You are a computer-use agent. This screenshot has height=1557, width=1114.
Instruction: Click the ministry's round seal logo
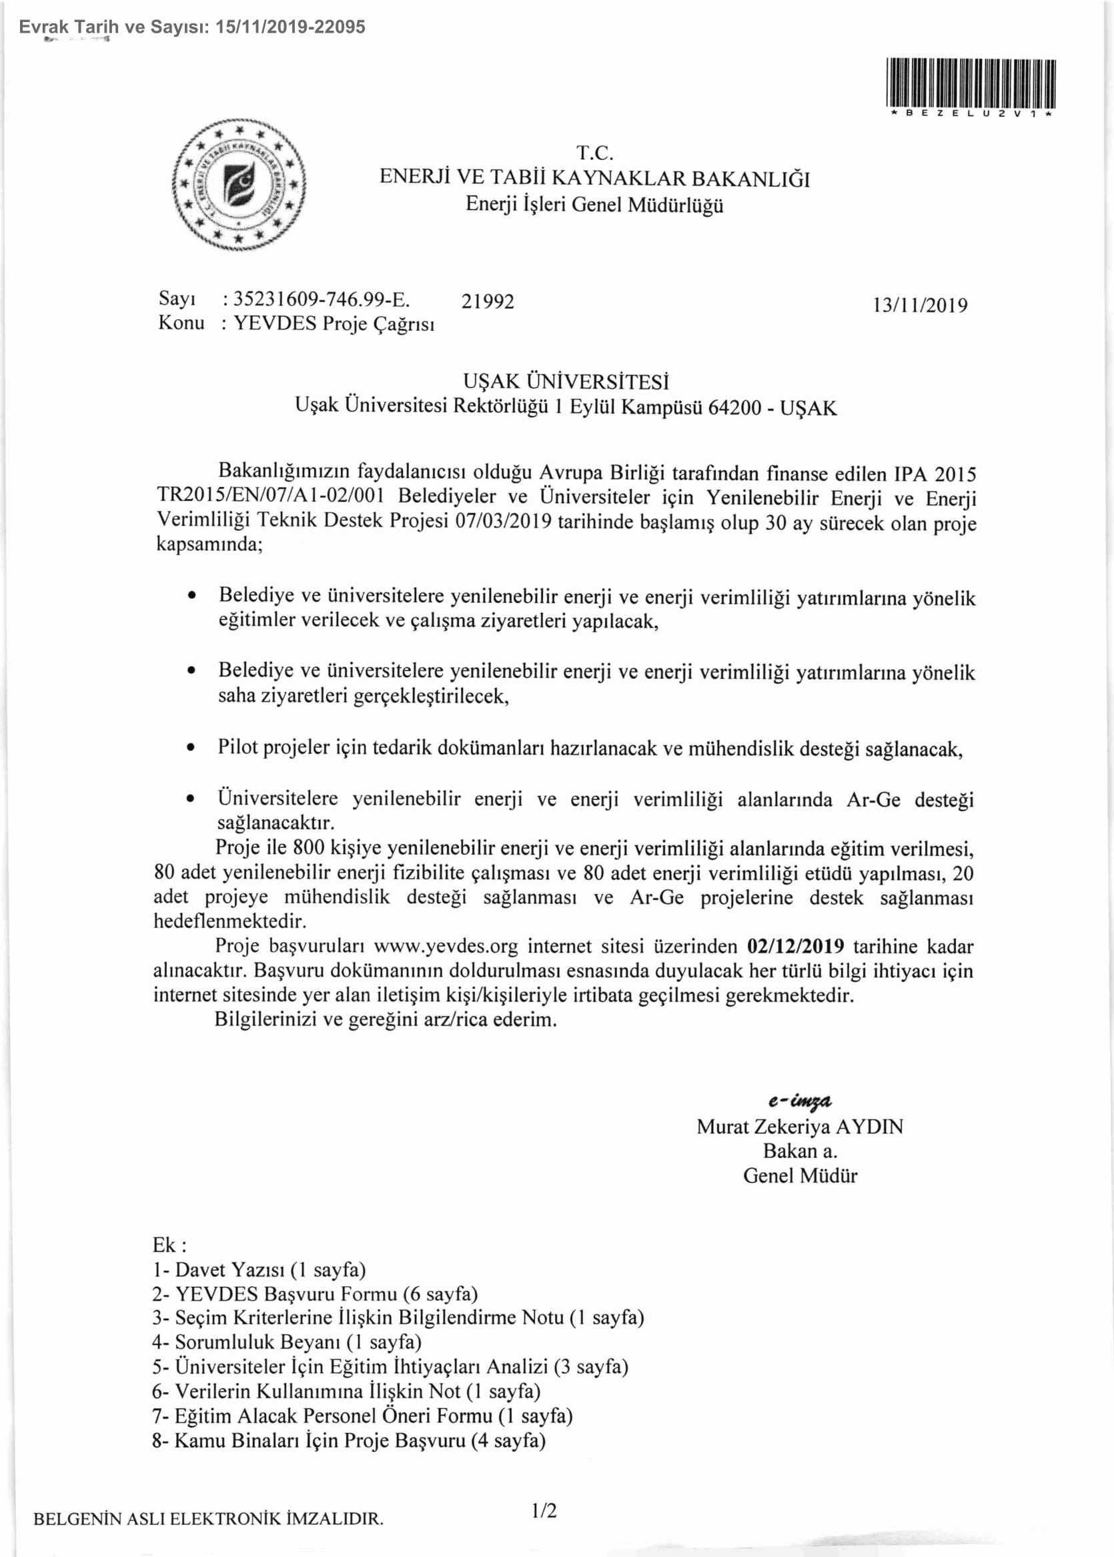(x=238, y=184)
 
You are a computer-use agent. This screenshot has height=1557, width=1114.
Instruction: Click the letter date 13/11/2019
(x=919, y=306)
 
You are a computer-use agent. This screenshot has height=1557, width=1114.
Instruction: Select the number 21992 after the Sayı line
(x=487, y=302)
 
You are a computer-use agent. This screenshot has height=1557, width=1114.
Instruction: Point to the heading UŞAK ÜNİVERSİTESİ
(x=565, y=382)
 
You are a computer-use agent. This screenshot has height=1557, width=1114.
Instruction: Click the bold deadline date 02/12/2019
(x=795, y=947)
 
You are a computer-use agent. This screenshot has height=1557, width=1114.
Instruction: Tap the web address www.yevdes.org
(x=446, y=947)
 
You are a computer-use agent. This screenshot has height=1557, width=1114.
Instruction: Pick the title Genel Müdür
(x=800, y=1175)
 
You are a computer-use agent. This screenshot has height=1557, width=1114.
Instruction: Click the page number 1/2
(x=543, y=1510)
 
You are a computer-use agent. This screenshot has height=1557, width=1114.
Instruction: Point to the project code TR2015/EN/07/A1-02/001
(x=270, y=496)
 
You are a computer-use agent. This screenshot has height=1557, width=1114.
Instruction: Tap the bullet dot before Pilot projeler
(x=191, y=748)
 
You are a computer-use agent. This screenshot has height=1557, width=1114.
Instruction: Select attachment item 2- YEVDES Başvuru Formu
(x=315, y=1294)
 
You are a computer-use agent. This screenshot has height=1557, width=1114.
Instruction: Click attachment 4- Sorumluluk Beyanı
(x=287, y=1342)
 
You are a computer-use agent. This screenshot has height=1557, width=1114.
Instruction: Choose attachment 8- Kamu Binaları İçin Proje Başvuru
(x=348, y=1440)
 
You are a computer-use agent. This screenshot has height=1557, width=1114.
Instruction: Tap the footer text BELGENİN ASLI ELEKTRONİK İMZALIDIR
(x=208, y=1518)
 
